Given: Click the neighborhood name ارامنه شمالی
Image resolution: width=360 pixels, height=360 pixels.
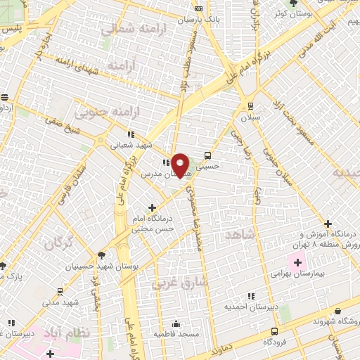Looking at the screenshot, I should (x=127, y=30).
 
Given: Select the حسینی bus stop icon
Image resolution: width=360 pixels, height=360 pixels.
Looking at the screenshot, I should (x=207, y=155).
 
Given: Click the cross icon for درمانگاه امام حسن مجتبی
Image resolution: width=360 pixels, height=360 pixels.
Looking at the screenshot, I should (x=153, y=207).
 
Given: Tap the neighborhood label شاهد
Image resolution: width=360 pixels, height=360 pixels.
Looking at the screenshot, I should (x=238, y=234).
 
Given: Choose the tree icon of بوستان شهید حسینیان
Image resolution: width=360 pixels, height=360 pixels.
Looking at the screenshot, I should (x=102, y=255).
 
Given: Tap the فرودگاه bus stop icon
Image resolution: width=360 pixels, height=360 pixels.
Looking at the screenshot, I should (x=274, y=330).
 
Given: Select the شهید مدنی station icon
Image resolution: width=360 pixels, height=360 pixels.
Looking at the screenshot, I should (x=60, y=290).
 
